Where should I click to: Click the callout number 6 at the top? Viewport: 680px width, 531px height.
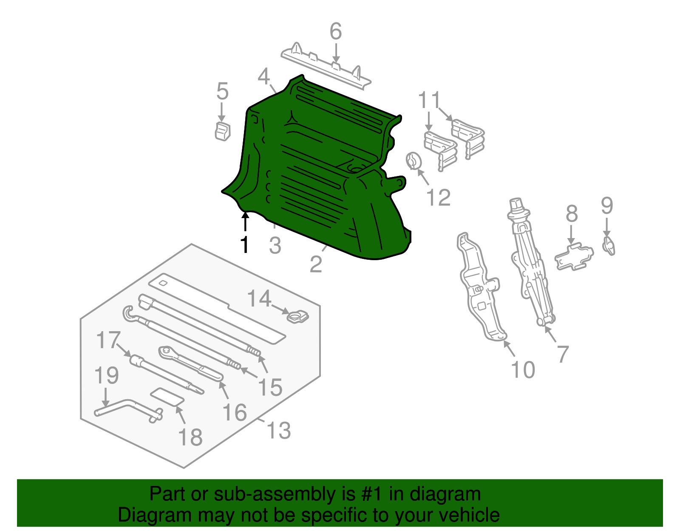pyautogui.click(x=335, y=31)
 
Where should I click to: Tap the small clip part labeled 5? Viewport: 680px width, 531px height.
pyautogui.click(x=223, y=131)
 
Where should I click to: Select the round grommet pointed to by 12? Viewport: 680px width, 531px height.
pyautogui.click(x=414, y=161)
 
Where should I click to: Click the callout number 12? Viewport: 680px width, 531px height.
pyautogui.click(x=439, y=197)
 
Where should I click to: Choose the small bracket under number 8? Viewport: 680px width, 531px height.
pyautogui.click(x=574, y=257)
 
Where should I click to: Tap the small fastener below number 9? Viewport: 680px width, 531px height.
pyautogui.click(x=609, y=246)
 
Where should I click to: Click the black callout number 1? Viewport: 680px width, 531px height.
pyautogui.click(x=245, y=245)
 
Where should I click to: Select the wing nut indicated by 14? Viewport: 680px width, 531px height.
pyautogui.click(x=297, y=317)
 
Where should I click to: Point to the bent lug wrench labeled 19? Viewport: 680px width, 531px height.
pyautogui.click(x=128, y=409)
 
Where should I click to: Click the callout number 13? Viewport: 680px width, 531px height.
pyautogui.click(x=278, y=430)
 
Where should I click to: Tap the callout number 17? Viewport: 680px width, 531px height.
pyautogui.click(x=108, y=340)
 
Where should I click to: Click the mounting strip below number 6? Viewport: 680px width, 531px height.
pyautogui.click(x=326, y=67)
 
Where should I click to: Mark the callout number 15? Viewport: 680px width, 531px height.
pyautogui.click(x=270, y=387)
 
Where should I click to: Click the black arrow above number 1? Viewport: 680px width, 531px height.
pyautogui.click(x=245, y=221)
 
